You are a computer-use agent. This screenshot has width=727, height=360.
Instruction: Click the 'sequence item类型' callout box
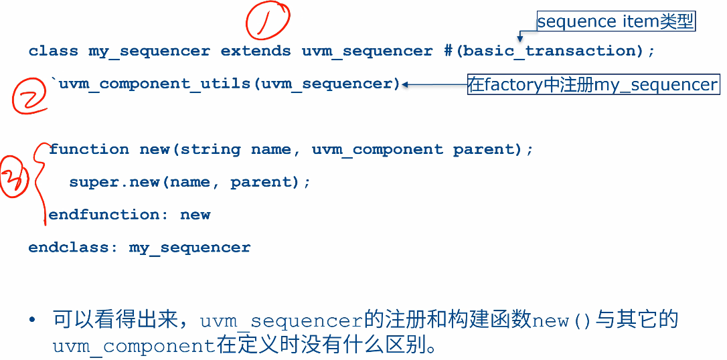(x=615, y=22)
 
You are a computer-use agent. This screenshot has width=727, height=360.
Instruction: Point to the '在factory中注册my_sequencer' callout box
(x=593, y=85)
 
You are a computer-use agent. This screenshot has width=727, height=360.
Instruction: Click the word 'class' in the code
(x=54, y=51)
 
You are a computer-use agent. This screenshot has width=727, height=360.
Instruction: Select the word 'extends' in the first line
(x=256, y=51)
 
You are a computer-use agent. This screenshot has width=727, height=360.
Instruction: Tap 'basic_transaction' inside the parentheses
(x=549, y=51)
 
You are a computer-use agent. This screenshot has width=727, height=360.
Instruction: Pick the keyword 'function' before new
(x=89, y=149)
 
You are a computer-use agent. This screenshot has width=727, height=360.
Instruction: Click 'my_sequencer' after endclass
(x=190, y=248)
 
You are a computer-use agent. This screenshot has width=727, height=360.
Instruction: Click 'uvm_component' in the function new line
(x=377, y=149)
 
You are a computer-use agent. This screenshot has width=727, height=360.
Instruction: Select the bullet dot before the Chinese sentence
(x=31, y=321)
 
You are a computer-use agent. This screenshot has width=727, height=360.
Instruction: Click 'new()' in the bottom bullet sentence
(x=562, y=321)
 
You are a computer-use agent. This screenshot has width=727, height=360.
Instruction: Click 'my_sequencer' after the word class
(x=149, y=51)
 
